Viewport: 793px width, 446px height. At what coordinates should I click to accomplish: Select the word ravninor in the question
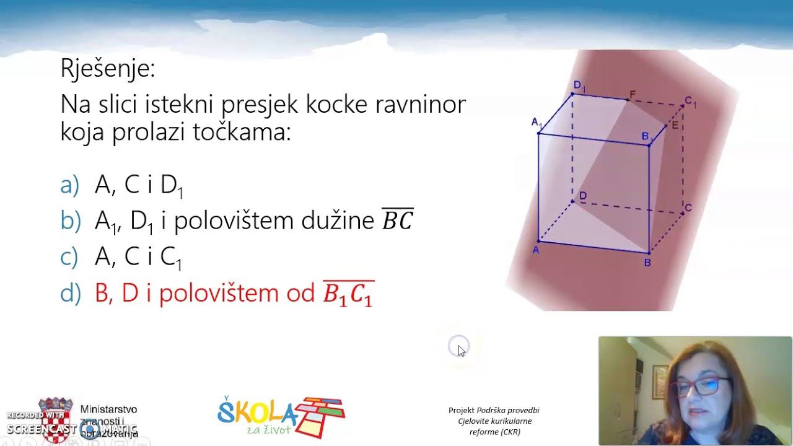pos(421,104)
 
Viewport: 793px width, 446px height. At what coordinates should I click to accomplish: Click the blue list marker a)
pos(70,185)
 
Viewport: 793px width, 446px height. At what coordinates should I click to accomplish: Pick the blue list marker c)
pos(69,256)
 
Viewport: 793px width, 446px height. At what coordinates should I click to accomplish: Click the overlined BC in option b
pos(397,220)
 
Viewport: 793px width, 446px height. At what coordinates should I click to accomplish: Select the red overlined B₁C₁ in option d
pos(348,294)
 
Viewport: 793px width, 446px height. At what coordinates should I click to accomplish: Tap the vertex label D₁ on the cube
pos(579,85)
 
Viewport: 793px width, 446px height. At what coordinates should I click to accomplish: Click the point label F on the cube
pos(633,95)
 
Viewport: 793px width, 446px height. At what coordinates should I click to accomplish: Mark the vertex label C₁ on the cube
pos(690,101)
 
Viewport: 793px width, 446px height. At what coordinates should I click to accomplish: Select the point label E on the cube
pos(675,126)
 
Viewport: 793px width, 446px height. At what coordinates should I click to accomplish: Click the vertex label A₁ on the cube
pos(537,123)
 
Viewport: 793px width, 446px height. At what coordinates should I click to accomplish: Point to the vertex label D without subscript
pos(582,196)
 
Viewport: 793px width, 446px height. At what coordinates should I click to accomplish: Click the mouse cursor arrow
pos(461,351)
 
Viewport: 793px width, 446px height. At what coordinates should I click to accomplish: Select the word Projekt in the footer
pos(461,410)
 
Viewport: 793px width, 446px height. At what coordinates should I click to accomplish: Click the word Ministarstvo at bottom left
pos(108,409)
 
